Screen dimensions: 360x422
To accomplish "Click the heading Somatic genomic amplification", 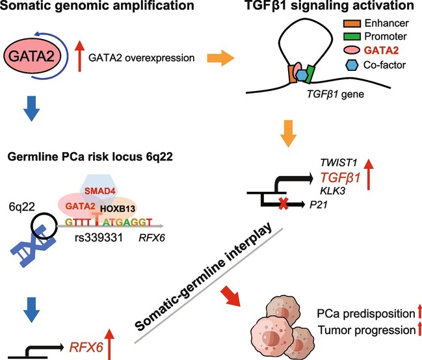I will pos(88,8).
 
